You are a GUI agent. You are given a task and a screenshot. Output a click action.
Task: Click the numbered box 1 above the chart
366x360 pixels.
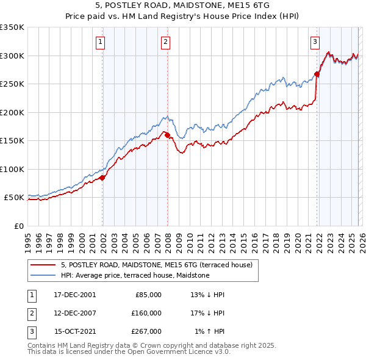click(x=100, y=42)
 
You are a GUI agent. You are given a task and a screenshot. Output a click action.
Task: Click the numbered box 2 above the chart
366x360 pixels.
click(x=165, y=42)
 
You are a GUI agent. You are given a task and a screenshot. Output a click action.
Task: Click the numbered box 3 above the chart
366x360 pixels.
click(x=315, y=42)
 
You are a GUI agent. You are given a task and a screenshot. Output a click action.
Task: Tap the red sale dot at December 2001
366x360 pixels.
click(x=102, y=178)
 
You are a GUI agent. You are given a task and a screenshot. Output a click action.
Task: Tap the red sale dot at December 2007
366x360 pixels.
click(x=167, y=135)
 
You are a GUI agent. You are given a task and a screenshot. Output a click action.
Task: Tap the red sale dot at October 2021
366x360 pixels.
click(x=317, y=74)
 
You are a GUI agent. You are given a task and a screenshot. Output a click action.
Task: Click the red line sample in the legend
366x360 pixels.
click(x=43, y=265)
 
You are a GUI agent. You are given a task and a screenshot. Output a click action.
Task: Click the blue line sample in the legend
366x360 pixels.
click(x=43, y=275)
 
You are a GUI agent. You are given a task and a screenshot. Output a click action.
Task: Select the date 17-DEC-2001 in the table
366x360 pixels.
click(x=75, y=294)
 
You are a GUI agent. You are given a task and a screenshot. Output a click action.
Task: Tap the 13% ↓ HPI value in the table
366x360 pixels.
click(x=207, y=294)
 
